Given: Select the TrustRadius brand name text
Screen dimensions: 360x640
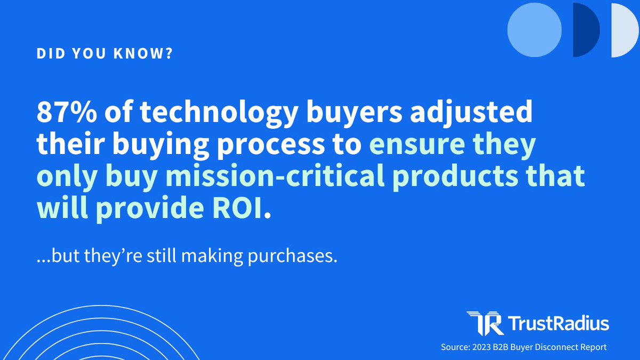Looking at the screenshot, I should click(558, 323).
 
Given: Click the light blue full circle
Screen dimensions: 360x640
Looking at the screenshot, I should click(534, 30).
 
